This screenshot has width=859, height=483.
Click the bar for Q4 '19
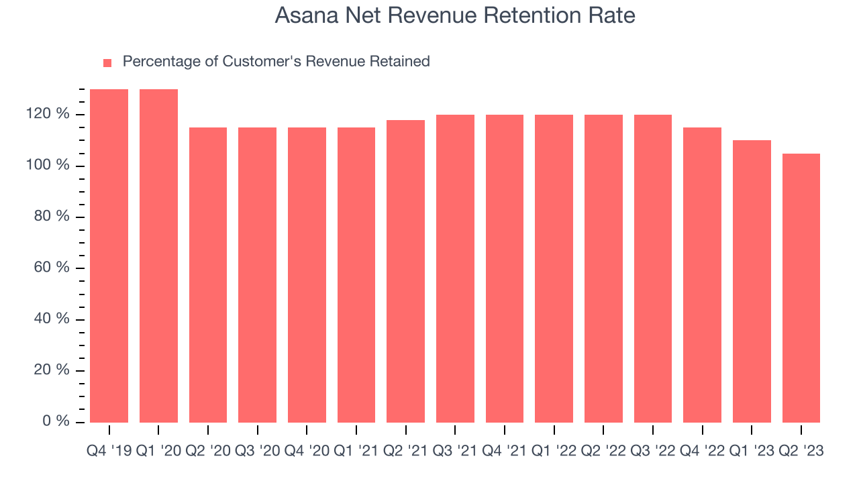(109, 256)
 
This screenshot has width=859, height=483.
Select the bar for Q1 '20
(158, 256)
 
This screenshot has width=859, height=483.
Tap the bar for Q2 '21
(405, 271)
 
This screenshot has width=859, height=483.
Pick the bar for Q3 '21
(455, 268)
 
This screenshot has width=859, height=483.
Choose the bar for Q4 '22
(702, 275)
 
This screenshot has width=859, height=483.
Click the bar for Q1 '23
(752, 281)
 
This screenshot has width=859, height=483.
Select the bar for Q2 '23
(801, 288)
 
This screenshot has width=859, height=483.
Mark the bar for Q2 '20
(208, 275)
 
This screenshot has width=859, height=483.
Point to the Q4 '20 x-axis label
(307, 451)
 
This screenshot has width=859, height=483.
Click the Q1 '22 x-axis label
(554, 451)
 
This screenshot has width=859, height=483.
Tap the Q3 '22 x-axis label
(653, 451)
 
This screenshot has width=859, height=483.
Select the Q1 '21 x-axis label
(356, 451)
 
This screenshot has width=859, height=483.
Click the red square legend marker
(107, 63)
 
